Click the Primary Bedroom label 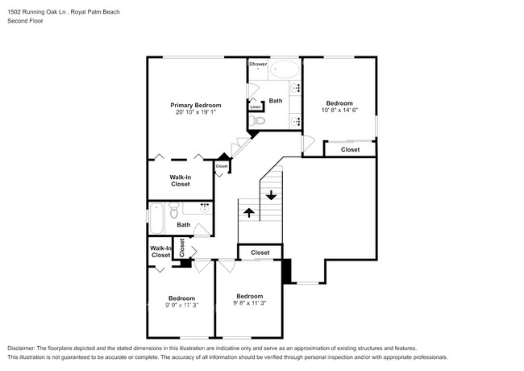coord(195,105)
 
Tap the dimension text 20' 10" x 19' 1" coord(195,113)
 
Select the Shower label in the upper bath coord(257,64)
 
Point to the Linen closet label coord(255,106)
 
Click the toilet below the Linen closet coord(257,121)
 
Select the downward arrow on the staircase coord(272,194)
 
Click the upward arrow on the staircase coord(249,212)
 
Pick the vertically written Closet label coord(182,248)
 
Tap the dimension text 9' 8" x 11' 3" coord(249,304)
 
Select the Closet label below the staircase coord(260,252)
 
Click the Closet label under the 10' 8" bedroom coord(350,149)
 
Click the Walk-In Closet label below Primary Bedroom coord(180,181)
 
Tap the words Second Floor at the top coord(25,21)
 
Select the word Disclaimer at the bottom coord(24,346)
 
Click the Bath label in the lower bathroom coord(184,225)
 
